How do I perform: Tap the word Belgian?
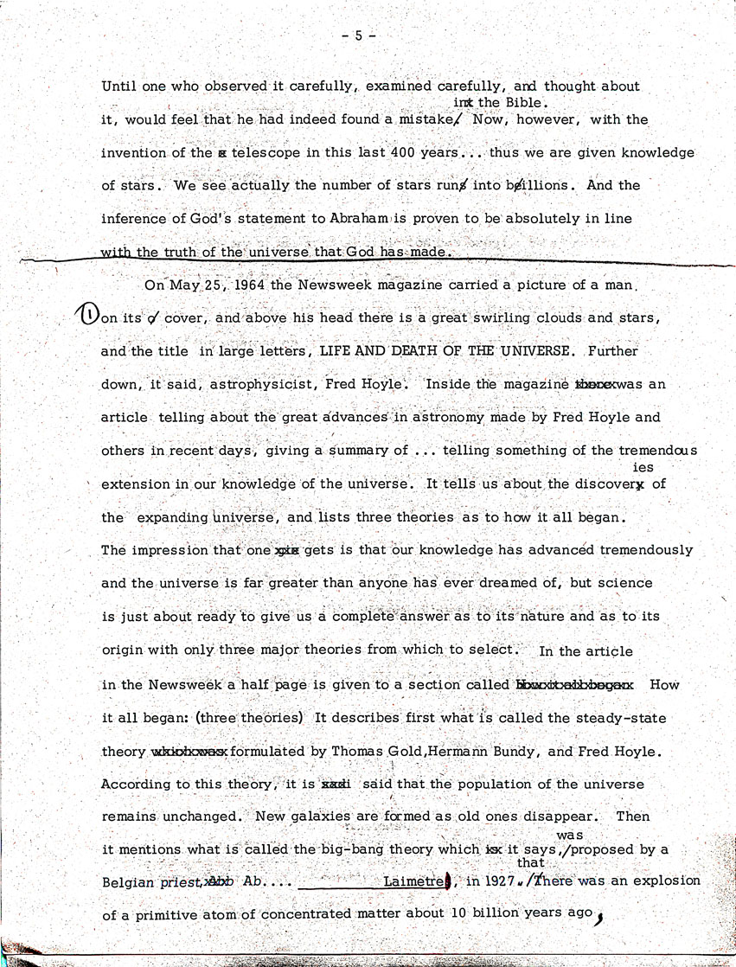[x=129, y=881]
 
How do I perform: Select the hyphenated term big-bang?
[x=350, y=849]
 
